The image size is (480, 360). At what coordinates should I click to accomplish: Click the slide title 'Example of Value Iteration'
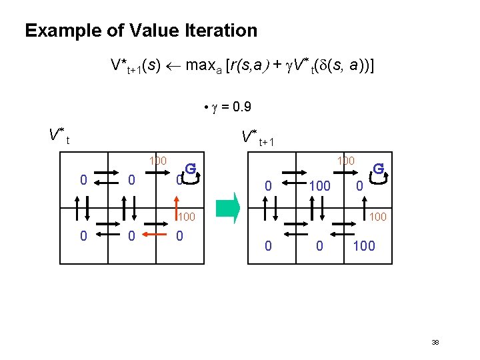tap(141, 31)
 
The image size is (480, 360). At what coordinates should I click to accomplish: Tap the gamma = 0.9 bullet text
tap(227, 107)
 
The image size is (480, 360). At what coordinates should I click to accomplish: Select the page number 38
tap(435, 342)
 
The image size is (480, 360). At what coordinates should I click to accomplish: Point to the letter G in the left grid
tap(190, 169)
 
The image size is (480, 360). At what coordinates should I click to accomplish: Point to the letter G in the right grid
tap(378, 169)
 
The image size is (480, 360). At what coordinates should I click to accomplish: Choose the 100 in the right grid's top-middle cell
tap(319, 185)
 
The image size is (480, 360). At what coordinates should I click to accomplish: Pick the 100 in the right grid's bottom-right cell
tap(364, 245)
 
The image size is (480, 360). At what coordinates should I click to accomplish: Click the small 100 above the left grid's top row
tap(157, 161)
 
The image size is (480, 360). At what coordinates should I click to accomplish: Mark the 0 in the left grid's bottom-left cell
tap(83, 235)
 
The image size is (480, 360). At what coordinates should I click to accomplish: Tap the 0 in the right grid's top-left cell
tap(267, 186)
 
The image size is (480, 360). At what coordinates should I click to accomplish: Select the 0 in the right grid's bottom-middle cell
tap(319, 245)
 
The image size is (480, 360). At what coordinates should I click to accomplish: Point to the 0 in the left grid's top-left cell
tap(83, 179)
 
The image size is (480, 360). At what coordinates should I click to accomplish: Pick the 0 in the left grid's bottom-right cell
tap(179, 235)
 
